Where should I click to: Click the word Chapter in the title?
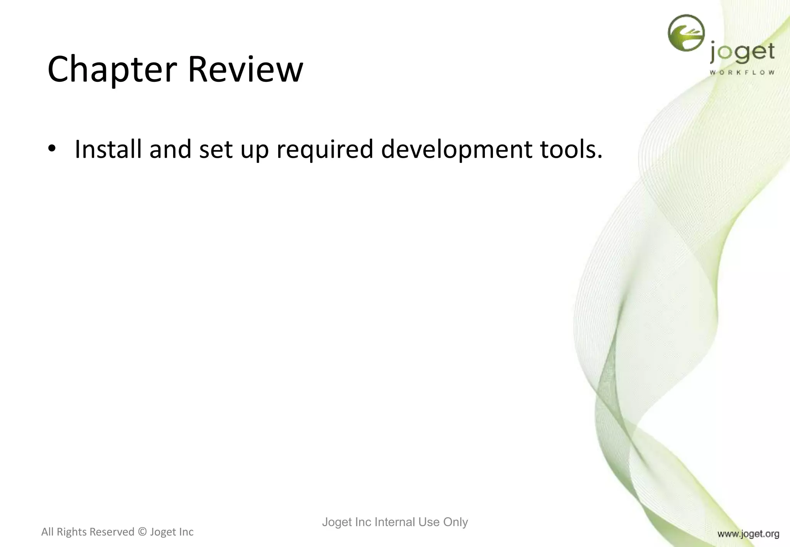(x=112, y=69)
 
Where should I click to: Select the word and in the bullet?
(x=170, y=149)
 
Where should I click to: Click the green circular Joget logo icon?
(x=686, y=33)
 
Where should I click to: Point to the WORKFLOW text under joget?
(x=742, y=73)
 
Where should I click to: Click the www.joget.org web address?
(x=748, y=534)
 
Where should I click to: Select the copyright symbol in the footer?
(x=142, y=532)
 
